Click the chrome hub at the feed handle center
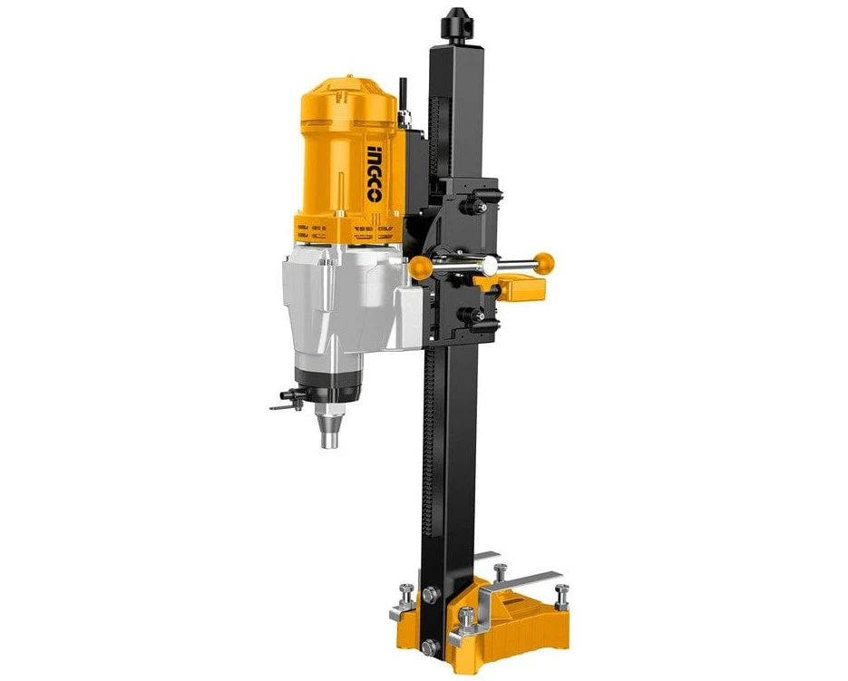click(x=490, y=265)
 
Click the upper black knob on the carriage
click(x=472, y=207)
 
